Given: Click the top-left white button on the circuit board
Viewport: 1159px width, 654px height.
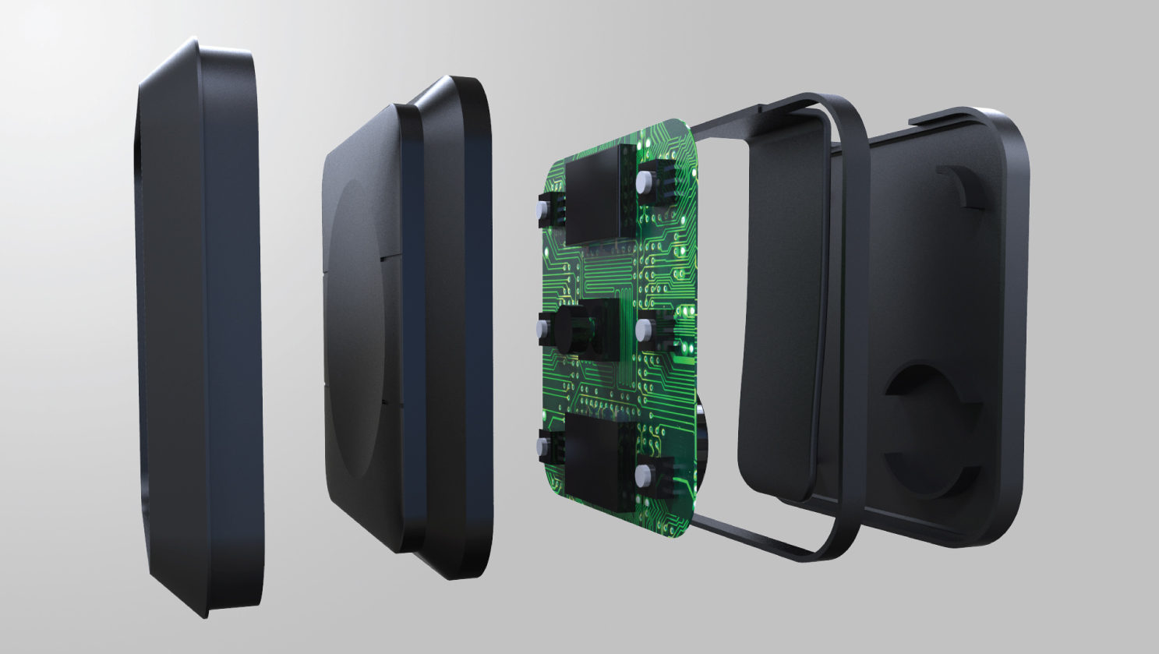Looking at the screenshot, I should [x=540, y=210].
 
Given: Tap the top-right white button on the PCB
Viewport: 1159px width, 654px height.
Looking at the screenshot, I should [x=644, y=182].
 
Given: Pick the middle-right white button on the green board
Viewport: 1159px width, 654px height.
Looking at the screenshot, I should [x=644, y=329].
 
